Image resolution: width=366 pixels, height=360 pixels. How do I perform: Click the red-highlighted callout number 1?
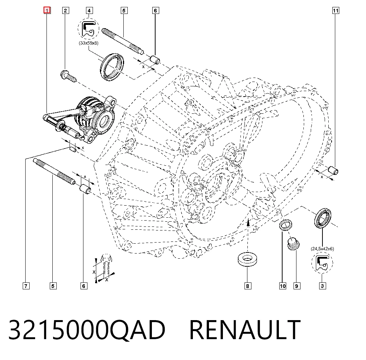point(47,11)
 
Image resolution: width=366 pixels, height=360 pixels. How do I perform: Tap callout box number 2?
point(66,11)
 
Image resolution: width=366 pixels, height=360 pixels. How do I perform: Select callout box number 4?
point(89,11)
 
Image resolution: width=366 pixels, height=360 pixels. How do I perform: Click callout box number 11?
point(336,11)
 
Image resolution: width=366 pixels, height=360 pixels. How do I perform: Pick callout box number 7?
point(26,286)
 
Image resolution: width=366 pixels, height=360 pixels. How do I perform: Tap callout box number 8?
point(248,286)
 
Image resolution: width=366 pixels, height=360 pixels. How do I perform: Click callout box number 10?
point(283,286)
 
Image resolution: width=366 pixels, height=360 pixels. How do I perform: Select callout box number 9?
point(297,286)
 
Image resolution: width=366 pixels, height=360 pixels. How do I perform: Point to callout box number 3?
point(322,286)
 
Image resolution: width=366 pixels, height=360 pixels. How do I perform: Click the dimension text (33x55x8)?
point(89,43)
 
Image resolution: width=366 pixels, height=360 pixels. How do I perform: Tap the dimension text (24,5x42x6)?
point(322,249)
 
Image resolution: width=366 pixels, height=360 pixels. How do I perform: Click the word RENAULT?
point(245,330)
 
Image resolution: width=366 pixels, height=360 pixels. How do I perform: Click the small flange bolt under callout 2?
point(68,76)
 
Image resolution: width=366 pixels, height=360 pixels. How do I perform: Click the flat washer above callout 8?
point(247,259)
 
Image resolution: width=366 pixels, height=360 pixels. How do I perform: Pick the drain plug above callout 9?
point(294,244)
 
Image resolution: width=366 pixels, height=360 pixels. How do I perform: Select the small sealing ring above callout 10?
point(286,225)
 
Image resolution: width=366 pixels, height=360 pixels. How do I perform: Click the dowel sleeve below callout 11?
point(333,170)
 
